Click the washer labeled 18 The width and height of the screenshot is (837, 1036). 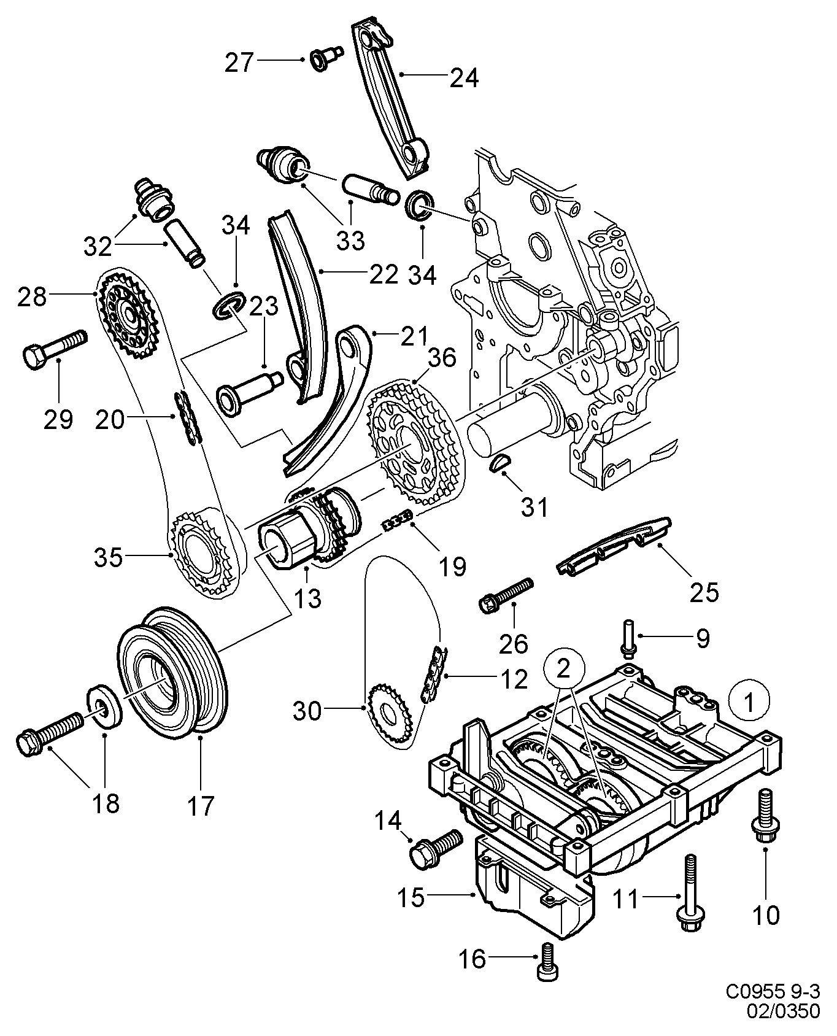point(105,706)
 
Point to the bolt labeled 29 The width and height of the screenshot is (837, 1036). point(54,347)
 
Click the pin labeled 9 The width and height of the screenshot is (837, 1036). point(629,638)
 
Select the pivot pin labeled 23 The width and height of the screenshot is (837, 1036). point(249,389)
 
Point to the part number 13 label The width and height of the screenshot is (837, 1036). point(307,598)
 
